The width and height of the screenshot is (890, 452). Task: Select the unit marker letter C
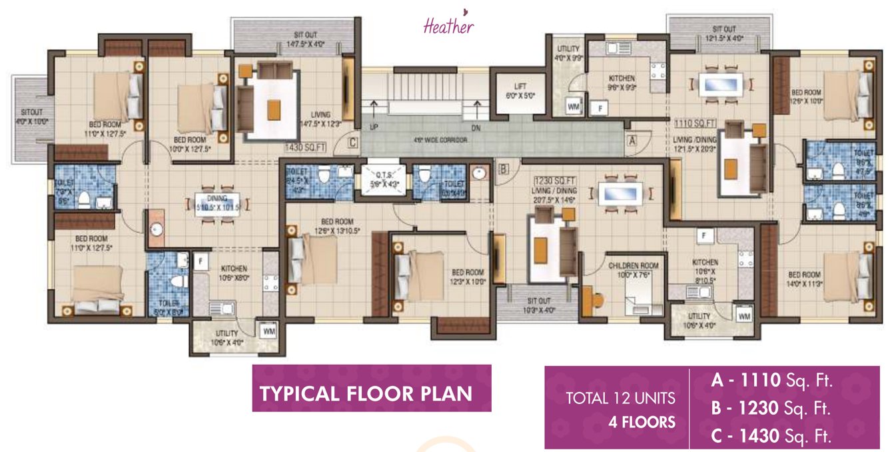[x=352, y=141]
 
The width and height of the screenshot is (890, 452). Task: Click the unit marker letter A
[x=630, y=140]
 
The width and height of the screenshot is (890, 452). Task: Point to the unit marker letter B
[x=503, y=169]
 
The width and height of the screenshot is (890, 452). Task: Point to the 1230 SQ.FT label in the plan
[x=552, y=181]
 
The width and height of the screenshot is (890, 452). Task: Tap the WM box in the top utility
[x=572, y=105]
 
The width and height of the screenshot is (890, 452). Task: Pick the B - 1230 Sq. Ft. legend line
[x=772, y=409]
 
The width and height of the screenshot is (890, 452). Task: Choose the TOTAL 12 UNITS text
[x=620, y=399]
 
